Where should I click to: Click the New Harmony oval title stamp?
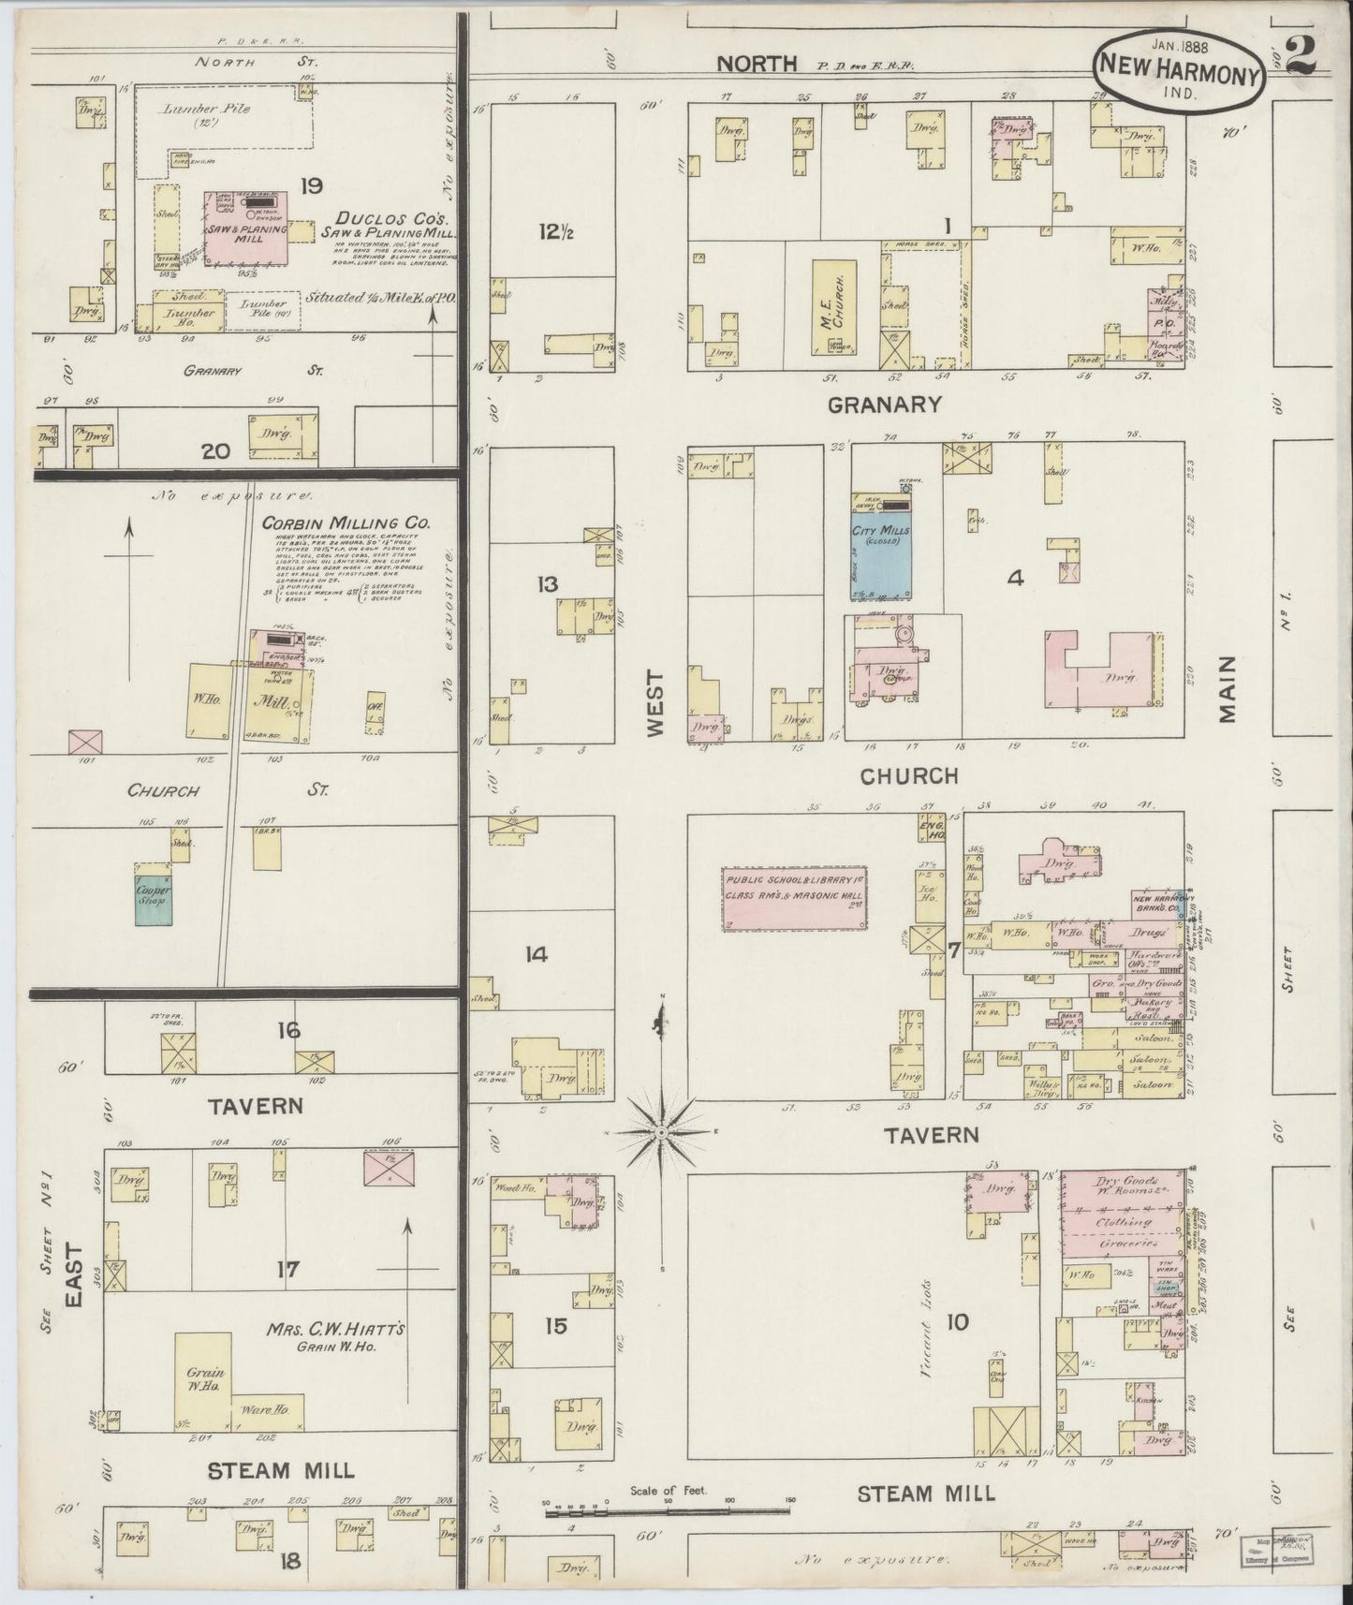coord(1179,78)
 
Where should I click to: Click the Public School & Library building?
coord(795,899)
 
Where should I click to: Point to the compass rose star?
coord(661,1133)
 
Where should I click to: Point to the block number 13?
coord(547,585)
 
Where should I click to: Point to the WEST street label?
coord(654,702)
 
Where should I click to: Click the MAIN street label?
coord(1228,688)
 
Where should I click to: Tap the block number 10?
coord(957,1322)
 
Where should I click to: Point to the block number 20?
coord(215,451)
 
